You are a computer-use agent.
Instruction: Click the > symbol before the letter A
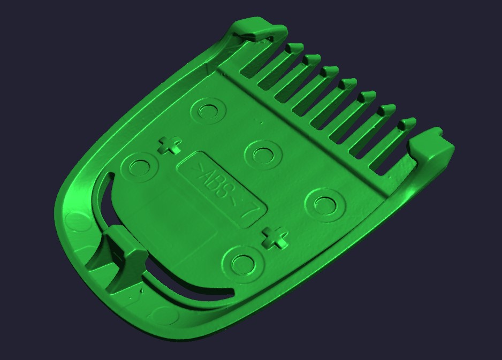pyautogui.click(x=200, y=167)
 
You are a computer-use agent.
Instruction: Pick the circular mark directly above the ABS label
pyautogui.click(x=263, y=155)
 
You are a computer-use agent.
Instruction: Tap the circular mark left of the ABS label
pyautogui.click(x=139, y=167)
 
